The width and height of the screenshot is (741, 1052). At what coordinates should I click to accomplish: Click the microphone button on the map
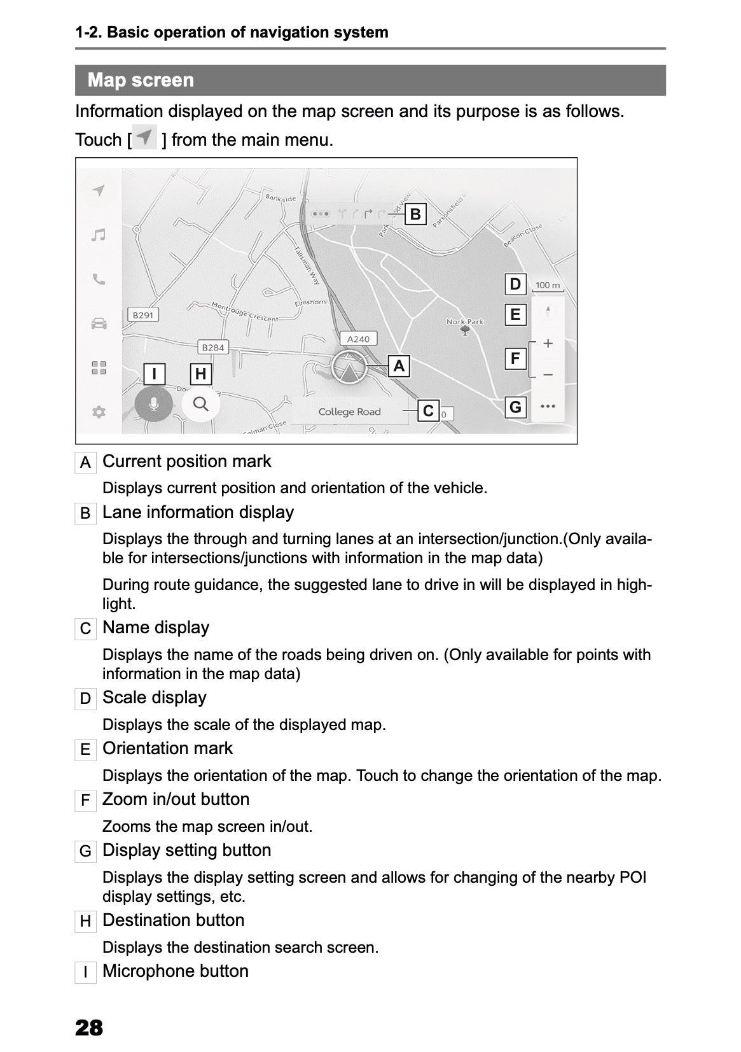[153, 403]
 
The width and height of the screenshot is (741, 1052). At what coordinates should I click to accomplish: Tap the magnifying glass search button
[200, 403]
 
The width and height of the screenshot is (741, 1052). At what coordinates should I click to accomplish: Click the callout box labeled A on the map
[399, 366]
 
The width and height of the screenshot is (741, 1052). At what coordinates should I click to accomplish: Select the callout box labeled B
[415, 214]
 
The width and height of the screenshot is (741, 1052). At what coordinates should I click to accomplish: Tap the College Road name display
[349, 412]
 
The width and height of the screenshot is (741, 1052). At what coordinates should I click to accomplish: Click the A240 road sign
[358, 339]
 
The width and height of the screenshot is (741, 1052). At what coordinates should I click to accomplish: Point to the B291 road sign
[143, 315]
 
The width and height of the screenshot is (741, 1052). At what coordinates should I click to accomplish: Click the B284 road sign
[212, 347]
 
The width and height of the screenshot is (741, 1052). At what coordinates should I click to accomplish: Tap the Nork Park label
[464, 322]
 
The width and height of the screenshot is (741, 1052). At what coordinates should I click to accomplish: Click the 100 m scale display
[547, 286]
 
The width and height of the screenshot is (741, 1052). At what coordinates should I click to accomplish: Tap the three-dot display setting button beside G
[547, 406]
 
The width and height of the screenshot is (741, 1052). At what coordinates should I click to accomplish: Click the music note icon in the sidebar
[98, 235]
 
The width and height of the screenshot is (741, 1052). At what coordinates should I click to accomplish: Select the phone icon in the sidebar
[98, 279]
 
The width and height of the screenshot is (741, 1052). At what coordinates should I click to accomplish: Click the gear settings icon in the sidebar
[98, 412]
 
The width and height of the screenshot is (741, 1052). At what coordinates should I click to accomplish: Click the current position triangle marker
[348, 368]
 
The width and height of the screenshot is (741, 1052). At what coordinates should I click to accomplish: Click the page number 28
[89, 1027]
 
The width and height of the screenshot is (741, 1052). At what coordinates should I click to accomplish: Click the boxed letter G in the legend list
[85, 851]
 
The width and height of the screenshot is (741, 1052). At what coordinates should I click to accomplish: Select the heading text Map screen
[141, 80]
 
